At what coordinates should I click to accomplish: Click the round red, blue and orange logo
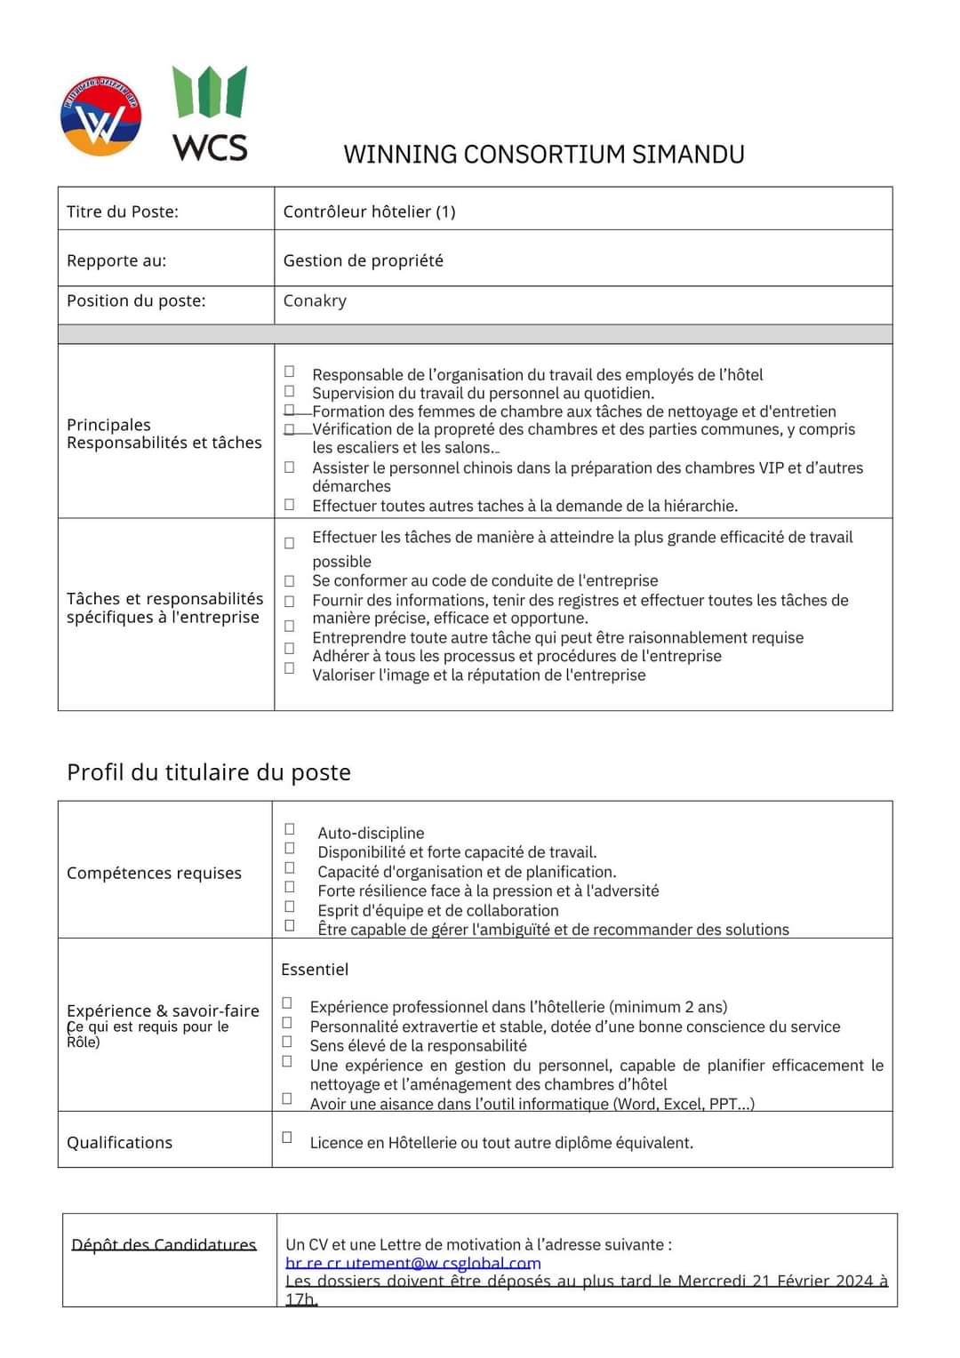[100, 116]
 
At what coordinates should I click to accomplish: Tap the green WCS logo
[211, 114]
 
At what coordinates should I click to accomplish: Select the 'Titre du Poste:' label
[123, 212]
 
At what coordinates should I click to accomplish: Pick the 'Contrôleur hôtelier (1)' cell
[369, 212]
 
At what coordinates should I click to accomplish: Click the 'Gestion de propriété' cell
[363, 260]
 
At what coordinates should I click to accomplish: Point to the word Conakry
[315, 300]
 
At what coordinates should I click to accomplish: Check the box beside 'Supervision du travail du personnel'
[290, 391]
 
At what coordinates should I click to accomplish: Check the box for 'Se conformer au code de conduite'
[290, 581]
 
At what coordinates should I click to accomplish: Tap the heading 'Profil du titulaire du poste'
[209, 772]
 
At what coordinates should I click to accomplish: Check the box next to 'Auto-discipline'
[290, 829]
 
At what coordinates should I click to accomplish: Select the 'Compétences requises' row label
[154, 873]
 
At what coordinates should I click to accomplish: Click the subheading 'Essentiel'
[315, 970]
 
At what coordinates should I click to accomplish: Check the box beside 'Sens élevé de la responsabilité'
[287, 1042]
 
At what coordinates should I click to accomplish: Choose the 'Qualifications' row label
[119, 1143]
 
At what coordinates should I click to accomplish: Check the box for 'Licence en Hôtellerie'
[287, 1138]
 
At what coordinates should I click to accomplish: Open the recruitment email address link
[412, 1263]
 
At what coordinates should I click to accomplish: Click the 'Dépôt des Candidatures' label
[164, 1245]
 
